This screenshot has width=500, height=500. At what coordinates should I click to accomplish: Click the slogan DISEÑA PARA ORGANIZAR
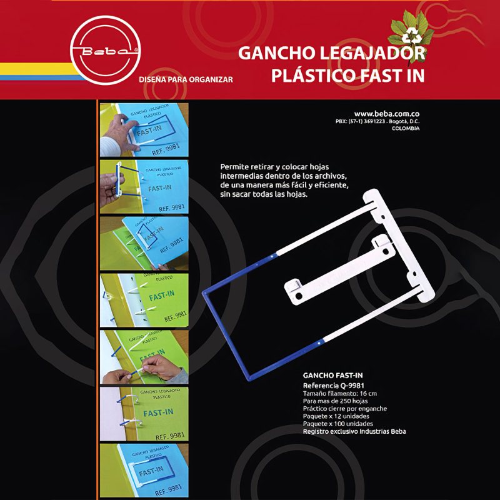tap(186, 80)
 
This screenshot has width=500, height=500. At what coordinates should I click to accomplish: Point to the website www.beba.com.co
tap(387, 113)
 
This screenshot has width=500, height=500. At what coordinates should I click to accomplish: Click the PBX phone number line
tap(377, 121)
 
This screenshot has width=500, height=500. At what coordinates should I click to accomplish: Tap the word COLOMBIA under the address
tap(406, 128)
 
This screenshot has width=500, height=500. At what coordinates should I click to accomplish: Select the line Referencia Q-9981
tap(334, 386)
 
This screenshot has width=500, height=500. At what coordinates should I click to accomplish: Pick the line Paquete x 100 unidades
tap(338, 423)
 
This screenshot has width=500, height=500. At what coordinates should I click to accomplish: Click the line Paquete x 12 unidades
tap(336, 416)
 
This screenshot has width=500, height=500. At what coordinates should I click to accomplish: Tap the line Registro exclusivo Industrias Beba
tap(354, 431)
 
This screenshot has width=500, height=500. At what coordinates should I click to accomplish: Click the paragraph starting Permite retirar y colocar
tap(284, 181)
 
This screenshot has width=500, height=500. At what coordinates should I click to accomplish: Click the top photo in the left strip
tap(144, 128)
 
